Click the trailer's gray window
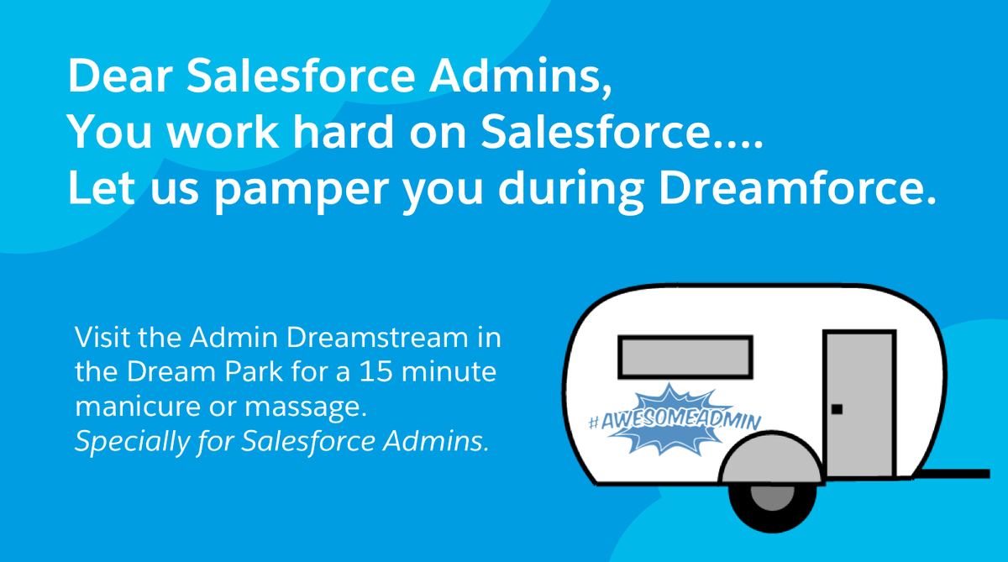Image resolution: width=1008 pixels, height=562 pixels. point(685,357)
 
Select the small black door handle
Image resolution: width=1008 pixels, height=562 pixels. point(837,409)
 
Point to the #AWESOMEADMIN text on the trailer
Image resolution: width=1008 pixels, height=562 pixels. point(671,420)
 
